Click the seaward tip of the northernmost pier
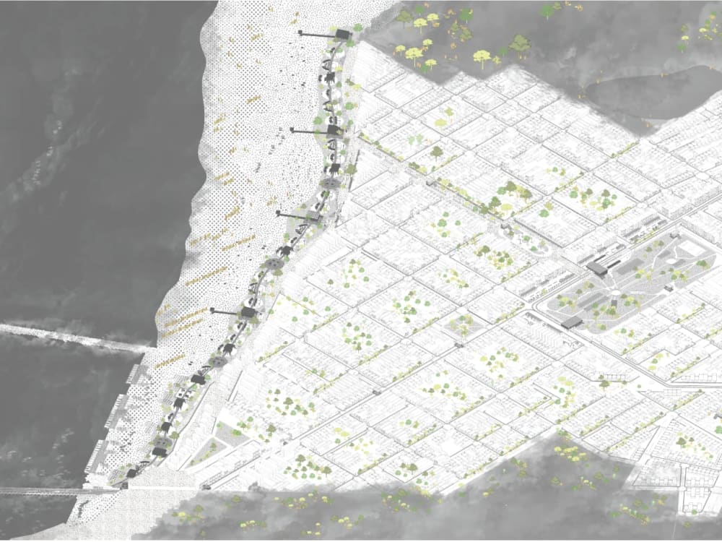[300, 32]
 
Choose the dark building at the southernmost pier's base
[248, 312]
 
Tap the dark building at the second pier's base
[334, 131]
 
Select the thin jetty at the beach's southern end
[58, 491]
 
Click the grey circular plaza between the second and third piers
[331, 185]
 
